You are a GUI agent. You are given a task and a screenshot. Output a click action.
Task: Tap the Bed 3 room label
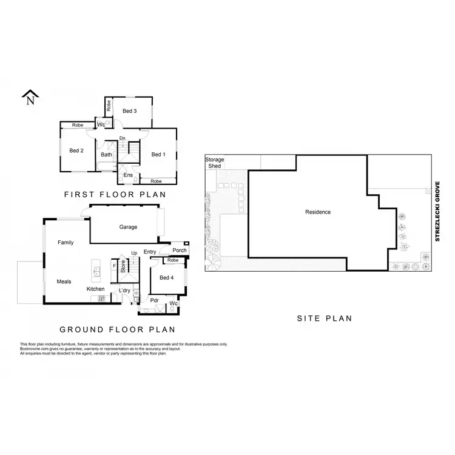click(129, 111)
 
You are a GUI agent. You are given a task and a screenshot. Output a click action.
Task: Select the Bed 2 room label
click(76, 151)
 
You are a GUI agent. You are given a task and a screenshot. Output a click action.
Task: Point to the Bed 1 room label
click(158, 155)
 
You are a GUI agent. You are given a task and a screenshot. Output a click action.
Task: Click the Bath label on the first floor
click(106, 155)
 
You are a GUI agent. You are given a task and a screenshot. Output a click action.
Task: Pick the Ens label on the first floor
click(128, 175)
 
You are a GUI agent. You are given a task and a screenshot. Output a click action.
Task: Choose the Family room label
click(66, 243)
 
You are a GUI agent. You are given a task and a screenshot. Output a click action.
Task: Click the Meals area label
click(64, 281)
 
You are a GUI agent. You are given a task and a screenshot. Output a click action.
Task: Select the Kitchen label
click(95, 289)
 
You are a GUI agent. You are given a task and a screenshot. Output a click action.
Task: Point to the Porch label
click(180, 250)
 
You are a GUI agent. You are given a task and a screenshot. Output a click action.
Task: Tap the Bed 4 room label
click(166, 278)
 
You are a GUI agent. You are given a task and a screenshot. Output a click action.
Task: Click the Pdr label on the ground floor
click(154, 300)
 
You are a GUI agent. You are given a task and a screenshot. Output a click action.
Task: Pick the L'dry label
click(125, 291)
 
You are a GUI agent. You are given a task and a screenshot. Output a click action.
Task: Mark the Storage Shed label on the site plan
click(214, 163)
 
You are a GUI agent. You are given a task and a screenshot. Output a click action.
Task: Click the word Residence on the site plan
click(318, 212)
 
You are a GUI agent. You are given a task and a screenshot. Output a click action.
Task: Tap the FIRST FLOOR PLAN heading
click(115, 195)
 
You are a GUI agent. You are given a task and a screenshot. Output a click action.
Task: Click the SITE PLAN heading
click(324, 318)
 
